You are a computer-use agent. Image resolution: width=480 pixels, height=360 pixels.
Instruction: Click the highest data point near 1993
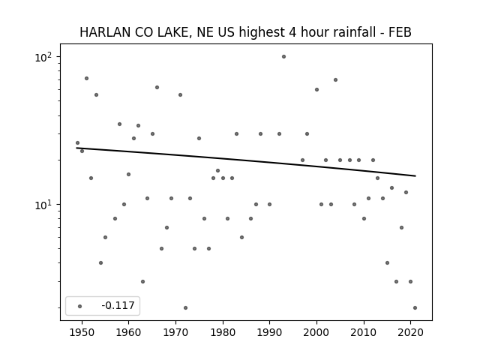click(x=283, y=57)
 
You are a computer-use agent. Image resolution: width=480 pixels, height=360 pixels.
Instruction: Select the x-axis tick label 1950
click(x=82, y=333)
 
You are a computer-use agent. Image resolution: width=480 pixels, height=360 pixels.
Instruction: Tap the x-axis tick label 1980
click(x=223, y=333)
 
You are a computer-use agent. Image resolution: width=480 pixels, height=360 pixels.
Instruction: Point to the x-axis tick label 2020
click(x=410, y=333)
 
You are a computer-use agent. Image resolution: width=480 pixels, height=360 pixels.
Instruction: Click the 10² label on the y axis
click(x=43, y=57)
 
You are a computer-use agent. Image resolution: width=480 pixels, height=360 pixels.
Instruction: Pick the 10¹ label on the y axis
click(x=43, y=205)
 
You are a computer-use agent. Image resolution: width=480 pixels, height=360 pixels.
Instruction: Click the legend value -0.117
click(x=118, y=305)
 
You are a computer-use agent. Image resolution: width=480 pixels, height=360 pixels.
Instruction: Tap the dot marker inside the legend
click(x=79, y=306)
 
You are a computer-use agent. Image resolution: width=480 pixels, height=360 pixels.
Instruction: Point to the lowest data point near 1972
click(x=185, y=308)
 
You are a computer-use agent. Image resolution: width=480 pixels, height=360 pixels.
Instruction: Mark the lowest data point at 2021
click(x=415, y=308)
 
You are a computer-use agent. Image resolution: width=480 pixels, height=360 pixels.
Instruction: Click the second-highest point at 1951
click(x=87, y=78)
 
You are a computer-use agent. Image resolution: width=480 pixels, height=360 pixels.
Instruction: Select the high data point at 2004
click(x=335, y=80)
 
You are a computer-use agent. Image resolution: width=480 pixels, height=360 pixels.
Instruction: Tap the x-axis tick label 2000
click(x=316, y=333)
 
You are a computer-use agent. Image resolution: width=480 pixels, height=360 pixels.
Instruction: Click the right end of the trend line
click(x=415, y=175)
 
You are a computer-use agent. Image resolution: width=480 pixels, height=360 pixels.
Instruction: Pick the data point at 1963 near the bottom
click(x=142, y=282)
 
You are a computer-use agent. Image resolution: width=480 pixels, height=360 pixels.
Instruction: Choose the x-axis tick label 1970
click(x=175, y=333)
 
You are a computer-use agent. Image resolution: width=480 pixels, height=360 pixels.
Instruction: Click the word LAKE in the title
click(x=175, y=32)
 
